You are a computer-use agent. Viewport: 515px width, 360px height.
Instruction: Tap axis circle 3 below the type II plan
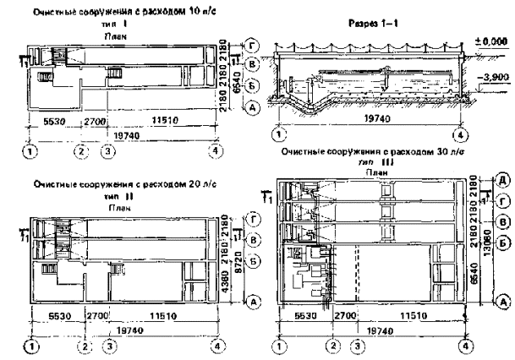pos(107,346)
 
